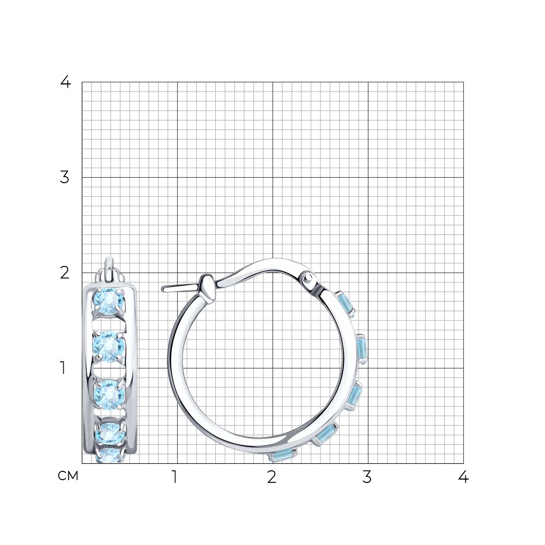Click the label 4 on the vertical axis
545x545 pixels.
tap(65, 82)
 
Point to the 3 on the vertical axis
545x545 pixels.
tap(65, 177)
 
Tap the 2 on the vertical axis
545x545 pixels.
tap(65, 273)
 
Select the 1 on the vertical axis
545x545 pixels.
tap(63, 368)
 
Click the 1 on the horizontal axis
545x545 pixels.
tap(175, 477)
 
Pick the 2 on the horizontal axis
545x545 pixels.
tap(272, 477)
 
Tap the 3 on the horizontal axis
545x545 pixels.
tap(367, 477)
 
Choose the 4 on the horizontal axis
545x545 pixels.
tap(463, 477)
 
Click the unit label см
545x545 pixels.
tap(68, 476)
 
